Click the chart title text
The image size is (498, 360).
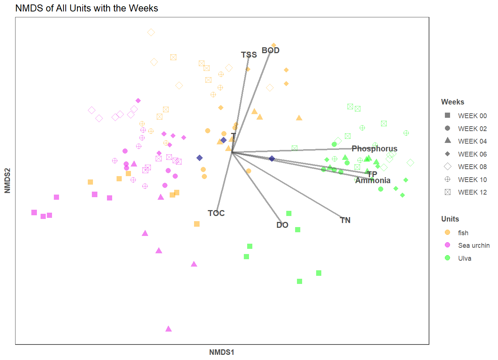pyautogui.click(x=87, y=8)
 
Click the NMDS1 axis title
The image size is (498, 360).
pyautogui.click(x=222, y=352)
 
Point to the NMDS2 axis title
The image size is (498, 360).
pyautogui.click(x=7, y=181)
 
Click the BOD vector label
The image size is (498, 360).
pyautogui.click(x=270, y=51)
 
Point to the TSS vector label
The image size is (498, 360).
pyautogui.click(x=249, y=55)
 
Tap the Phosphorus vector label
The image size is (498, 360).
pyautogui.click(x=374, y=149)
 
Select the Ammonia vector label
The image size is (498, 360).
pyautogui.click(x=373, y=181)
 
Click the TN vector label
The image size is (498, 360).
pyautogui.click(x=345, y=220)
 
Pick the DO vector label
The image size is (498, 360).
pyautogui.click(x=282, y=225)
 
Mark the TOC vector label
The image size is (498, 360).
pyautogui.click(x=216, y=213)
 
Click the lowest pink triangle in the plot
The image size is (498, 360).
pyautogui.click(x=169, y=329)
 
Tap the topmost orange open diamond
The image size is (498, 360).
pyautogui.click(x=151, y=32)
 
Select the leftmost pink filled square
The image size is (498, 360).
pyautogui.click(x=34, y=213)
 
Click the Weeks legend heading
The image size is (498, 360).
pyautogui.click(x=453, y=102)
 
